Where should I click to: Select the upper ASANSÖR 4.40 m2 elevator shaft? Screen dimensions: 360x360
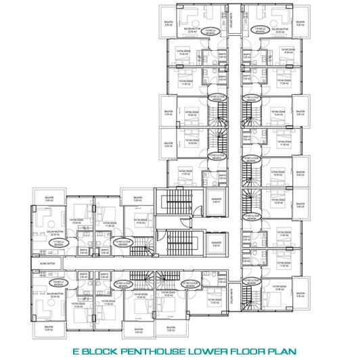pos(216,201)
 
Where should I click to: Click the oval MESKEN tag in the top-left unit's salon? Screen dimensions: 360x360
pos(215,30)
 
